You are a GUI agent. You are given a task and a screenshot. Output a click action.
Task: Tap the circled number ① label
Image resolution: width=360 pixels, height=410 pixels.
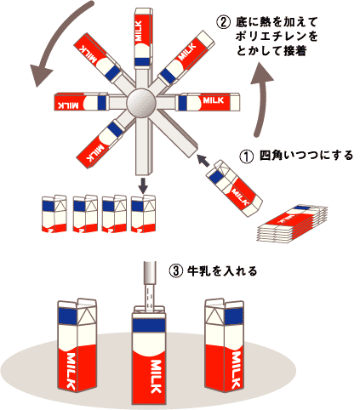pos(246,157)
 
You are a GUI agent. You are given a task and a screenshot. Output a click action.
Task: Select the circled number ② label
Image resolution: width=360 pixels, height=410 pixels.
pos(223,22)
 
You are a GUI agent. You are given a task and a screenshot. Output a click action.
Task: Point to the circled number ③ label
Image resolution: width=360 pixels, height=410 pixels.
pos(176,271)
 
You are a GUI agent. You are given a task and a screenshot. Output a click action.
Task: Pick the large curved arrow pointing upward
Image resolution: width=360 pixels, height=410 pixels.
pos(261,100)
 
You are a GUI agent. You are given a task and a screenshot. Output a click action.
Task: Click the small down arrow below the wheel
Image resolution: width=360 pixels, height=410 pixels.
pos(144,185)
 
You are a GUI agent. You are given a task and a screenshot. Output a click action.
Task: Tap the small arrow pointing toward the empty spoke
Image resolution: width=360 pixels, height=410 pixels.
pos(203,160)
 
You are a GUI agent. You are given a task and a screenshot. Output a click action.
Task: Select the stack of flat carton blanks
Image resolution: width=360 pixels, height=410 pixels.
pos(292,224)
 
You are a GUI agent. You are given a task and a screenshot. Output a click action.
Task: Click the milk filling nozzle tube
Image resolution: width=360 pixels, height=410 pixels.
pos(150,273)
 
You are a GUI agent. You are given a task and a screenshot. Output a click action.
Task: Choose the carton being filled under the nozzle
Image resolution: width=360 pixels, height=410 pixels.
pos(149,355)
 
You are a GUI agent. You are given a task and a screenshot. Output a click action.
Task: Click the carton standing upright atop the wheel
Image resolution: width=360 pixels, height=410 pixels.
pos(143,38)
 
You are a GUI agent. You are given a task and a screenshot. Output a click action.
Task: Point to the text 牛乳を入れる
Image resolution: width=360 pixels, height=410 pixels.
pos(222,271)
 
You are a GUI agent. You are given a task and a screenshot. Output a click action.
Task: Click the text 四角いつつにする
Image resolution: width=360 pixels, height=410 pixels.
pos(306,156)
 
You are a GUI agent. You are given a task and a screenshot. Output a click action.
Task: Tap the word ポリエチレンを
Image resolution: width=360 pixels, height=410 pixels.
pos(277,37)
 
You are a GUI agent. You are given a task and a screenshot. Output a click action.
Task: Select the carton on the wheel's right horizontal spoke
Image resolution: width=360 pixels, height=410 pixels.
pos(209,101)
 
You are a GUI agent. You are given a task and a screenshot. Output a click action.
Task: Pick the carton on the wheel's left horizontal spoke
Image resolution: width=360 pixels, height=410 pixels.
pos(81,101)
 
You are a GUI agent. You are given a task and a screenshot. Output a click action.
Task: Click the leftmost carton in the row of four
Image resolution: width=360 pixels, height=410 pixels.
pos(54,214)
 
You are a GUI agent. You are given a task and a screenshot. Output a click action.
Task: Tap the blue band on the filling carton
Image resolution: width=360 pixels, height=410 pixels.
pos(149,326)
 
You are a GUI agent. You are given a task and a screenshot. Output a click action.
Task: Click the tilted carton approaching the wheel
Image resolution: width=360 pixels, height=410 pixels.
pos(234,188)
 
